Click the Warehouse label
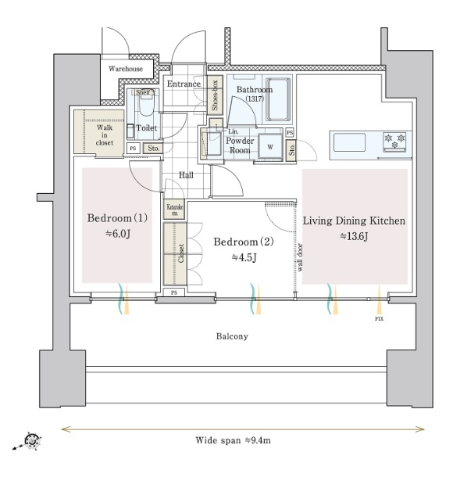126,69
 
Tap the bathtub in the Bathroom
278,99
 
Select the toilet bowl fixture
146,106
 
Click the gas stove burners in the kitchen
394,142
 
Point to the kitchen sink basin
349,142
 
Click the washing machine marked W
270,147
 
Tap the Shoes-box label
215,95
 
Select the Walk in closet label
104,134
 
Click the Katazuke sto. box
175,210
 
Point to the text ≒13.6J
354,236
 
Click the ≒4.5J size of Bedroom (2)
244,257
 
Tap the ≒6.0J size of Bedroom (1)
118,234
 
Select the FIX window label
379,319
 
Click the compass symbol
30,440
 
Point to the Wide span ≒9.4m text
233,440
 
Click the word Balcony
232,336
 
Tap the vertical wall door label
300,257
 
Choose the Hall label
186,175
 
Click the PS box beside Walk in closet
133,148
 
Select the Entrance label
184,84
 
